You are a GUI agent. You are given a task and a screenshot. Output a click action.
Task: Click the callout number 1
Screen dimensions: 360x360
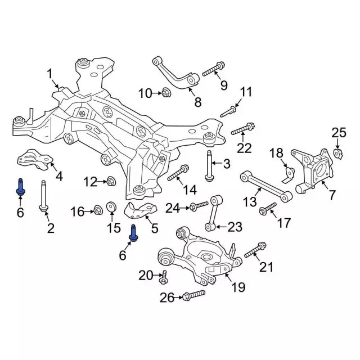pyautogui.click(x=50, y=74)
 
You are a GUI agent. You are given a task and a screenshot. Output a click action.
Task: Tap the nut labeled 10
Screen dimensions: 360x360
pyautogui.click(x=165, y=93)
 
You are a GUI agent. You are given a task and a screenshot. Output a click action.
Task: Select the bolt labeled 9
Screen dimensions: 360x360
pyautogui.click(x=214, y=69)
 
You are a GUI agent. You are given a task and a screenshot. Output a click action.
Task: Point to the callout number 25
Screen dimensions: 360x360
pyautogui.click(x=339, y=133)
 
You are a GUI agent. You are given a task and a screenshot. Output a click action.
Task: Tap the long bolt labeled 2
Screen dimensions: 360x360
pyautogui.click(x=43, y=196)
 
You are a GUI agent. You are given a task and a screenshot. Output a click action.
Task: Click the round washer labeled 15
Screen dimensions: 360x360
pyautogui.click(x=111, y=206)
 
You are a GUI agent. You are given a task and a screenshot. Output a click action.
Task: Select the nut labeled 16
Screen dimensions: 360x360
pyautogui.click(x=98, y=210)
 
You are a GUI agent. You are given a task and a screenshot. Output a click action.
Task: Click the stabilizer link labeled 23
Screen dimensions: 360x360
pyautogui.click(x=214, y=213)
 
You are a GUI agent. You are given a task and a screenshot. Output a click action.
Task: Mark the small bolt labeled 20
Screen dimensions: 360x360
pyautogui.click(x=164, y=277)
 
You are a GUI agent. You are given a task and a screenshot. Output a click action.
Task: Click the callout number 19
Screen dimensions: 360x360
pyautogui.click(x=238, y=287)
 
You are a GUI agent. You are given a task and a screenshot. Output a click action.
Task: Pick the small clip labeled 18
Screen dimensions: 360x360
pyautogui.click(x=289, y=175)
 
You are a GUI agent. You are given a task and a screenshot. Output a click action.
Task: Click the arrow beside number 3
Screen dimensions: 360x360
pyautogui.click(x=216, y=163)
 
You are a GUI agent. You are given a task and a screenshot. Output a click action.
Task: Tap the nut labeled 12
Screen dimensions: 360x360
pyautogui.click(x=111, y=181)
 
